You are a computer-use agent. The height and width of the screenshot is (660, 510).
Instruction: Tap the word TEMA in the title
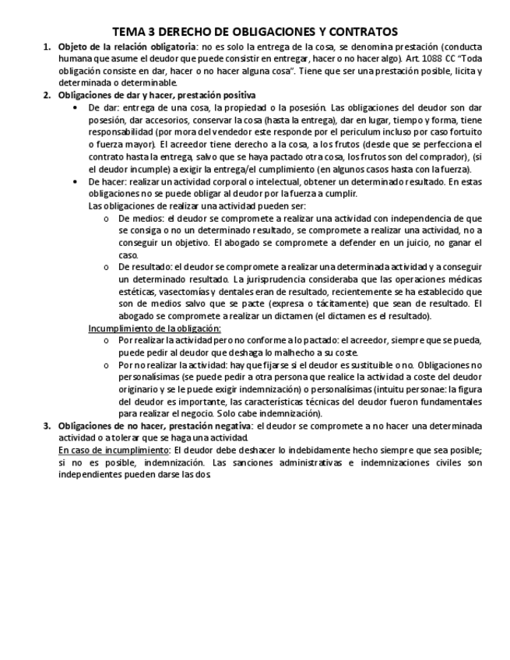(x=128, y=32)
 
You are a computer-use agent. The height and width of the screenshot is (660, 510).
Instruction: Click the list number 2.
(x=47, y=95)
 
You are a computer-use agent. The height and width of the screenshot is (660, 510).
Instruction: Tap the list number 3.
(x=47, y=426)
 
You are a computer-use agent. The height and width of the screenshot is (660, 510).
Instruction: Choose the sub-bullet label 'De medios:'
(x=141, y=219)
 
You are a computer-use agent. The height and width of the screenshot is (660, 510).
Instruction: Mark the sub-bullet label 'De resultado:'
(x=146, y=267)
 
